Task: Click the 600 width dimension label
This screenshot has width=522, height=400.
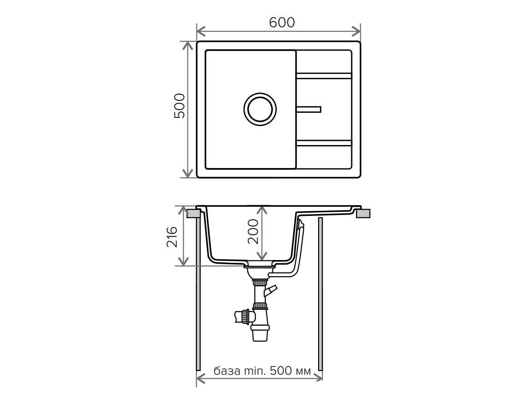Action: (282, 22)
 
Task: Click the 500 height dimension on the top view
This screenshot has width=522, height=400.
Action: (180, 106)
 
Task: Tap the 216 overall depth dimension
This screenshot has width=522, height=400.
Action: (172, 237)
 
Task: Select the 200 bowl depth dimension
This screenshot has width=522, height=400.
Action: (253, 231)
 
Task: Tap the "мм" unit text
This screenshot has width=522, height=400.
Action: (302, 371)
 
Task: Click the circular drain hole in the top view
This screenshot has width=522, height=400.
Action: (260, 109)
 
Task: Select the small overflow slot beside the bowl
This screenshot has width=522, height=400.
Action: (308, 110)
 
